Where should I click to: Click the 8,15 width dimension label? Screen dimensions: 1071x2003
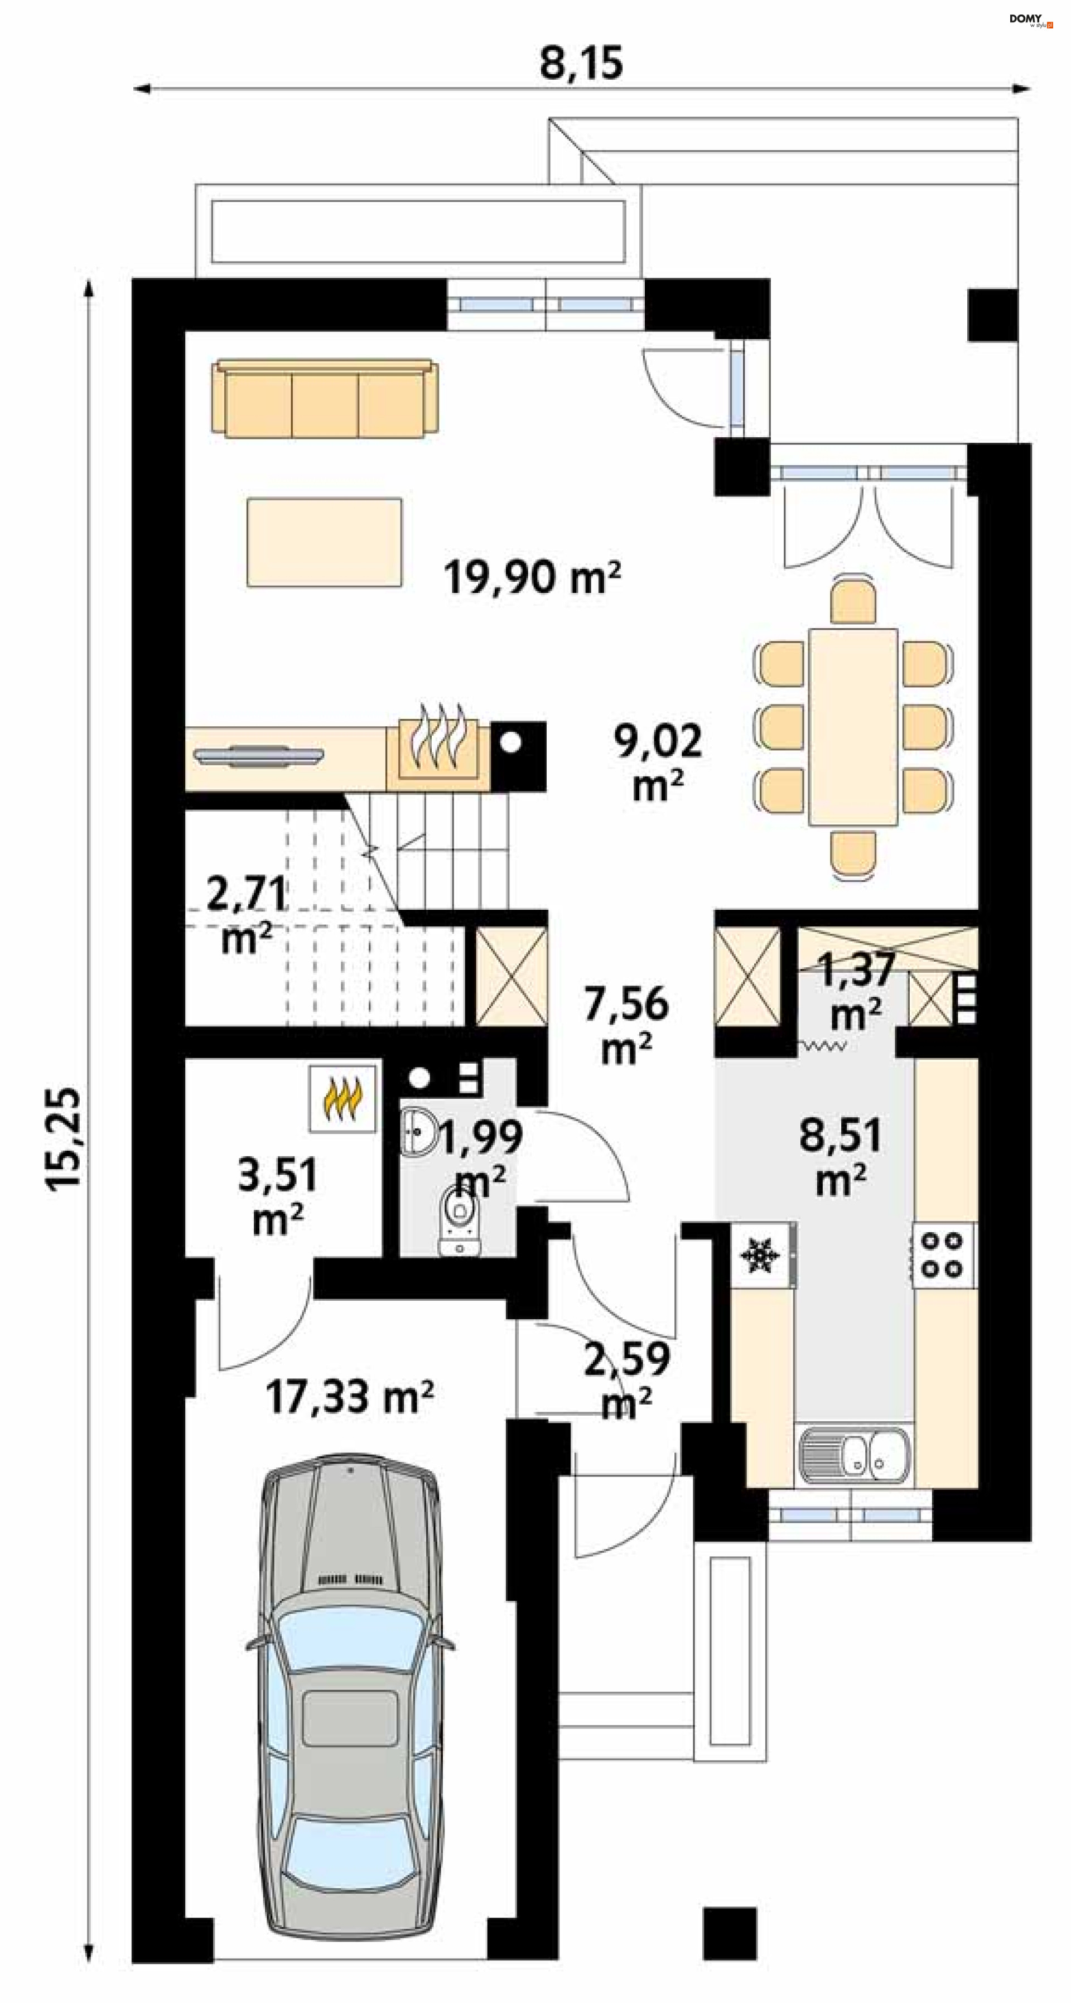point(582,63)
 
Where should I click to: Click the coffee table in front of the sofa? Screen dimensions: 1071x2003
point(324,543)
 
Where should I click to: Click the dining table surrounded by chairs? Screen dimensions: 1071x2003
point(853,726)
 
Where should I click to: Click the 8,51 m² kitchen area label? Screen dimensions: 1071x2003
point(841,1156)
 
